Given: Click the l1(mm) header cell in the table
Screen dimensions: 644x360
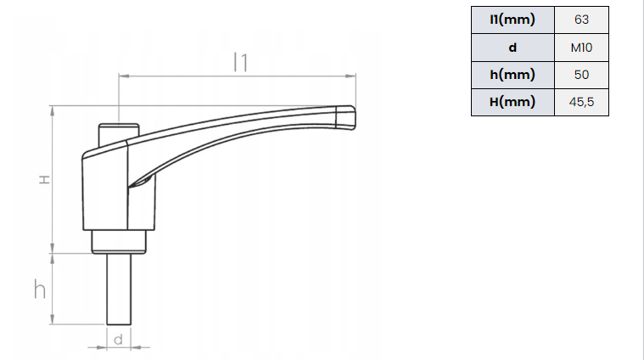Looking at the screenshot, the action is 512,20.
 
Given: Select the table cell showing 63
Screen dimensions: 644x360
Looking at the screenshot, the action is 581,20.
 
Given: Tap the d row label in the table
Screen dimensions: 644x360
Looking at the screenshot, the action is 512,48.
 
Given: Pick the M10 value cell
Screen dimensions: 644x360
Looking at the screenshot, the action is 581,48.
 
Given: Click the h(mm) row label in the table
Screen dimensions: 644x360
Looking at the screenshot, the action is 512,75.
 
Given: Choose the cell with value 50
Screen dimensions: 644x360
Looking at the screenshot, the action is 581,75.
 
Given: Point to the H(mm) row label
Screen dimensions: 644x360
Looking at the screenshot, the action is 512,102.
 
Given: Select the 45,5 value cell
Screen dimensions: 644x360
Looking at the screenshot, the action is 581,102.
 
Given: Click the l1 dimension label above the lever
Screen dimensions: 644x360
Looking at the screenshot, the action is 241,62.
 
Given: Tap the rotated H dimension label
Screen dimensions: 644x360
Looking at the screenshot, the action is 44,180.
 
